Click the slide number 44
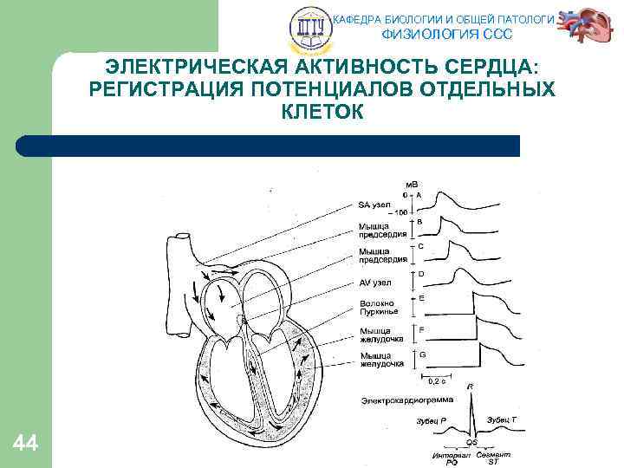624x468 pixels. [26, 445]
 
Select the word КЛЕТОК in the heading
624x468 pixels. [322, 113]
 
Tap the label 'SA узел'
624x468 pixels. [375, 205]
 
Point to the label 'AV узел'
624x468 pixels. [374, 282]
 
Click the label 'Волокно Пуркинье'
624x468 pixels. [379, 307]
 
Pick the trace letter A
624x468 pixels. [419, 196]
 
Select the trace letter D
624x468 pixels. [421, 274]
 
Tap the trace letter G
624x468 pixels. [422, 354]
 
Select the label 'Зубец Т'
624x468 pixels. [503, 419]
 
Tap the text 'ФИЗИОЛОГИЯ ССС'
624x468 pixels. [447, 35]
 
